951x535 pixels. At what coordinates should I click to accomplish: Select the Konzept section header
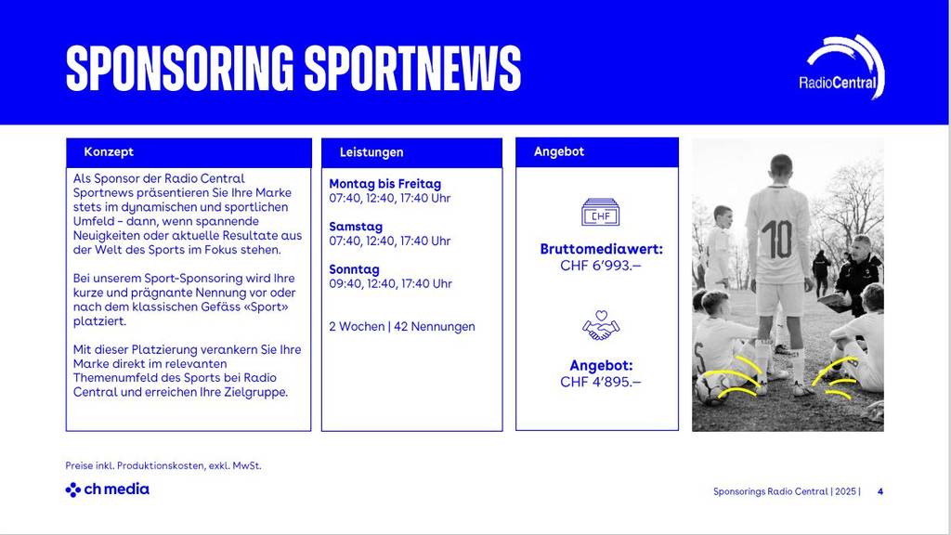[x=109, y=151]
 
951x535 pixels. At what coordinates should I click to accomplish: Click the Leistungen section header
[x=371, y=152]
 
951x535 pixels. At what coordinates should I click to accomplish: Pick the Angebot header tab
[x=559, y=151]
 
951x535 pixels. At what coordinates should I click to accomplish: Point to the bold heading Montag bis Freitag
[x=384, y=184]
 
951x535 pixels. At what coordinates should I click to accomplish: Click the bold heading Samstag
[x=356, y=227]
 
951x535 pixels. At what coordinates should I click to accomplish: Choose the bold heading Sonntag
[x=354, y=269]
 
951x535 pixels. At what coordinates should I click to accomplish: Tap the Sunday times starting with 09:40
[x=390, y=284]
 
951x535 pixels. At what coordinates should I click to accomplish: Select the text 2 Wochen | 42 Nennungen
[x=402, y=327]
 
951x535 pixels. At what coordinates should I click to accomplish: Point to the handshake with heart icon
[x=600, y=325]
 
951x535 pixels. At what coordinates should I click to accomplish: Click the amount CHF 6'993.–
[x=601, y=266]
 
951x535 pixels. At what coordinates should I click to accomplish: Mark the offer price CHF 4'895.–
[x=601, y=382]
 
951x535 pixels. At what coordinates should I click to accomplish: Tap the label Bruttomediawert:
[x=601, y=250]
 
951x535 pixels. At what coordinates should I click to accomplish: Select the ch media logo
[x=107, y=489]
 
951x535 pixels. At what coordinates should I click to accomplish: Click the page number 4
[x=879, y=491]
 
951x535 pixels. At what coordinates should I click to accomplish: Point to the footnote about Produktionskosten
[x=163, y=465]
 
